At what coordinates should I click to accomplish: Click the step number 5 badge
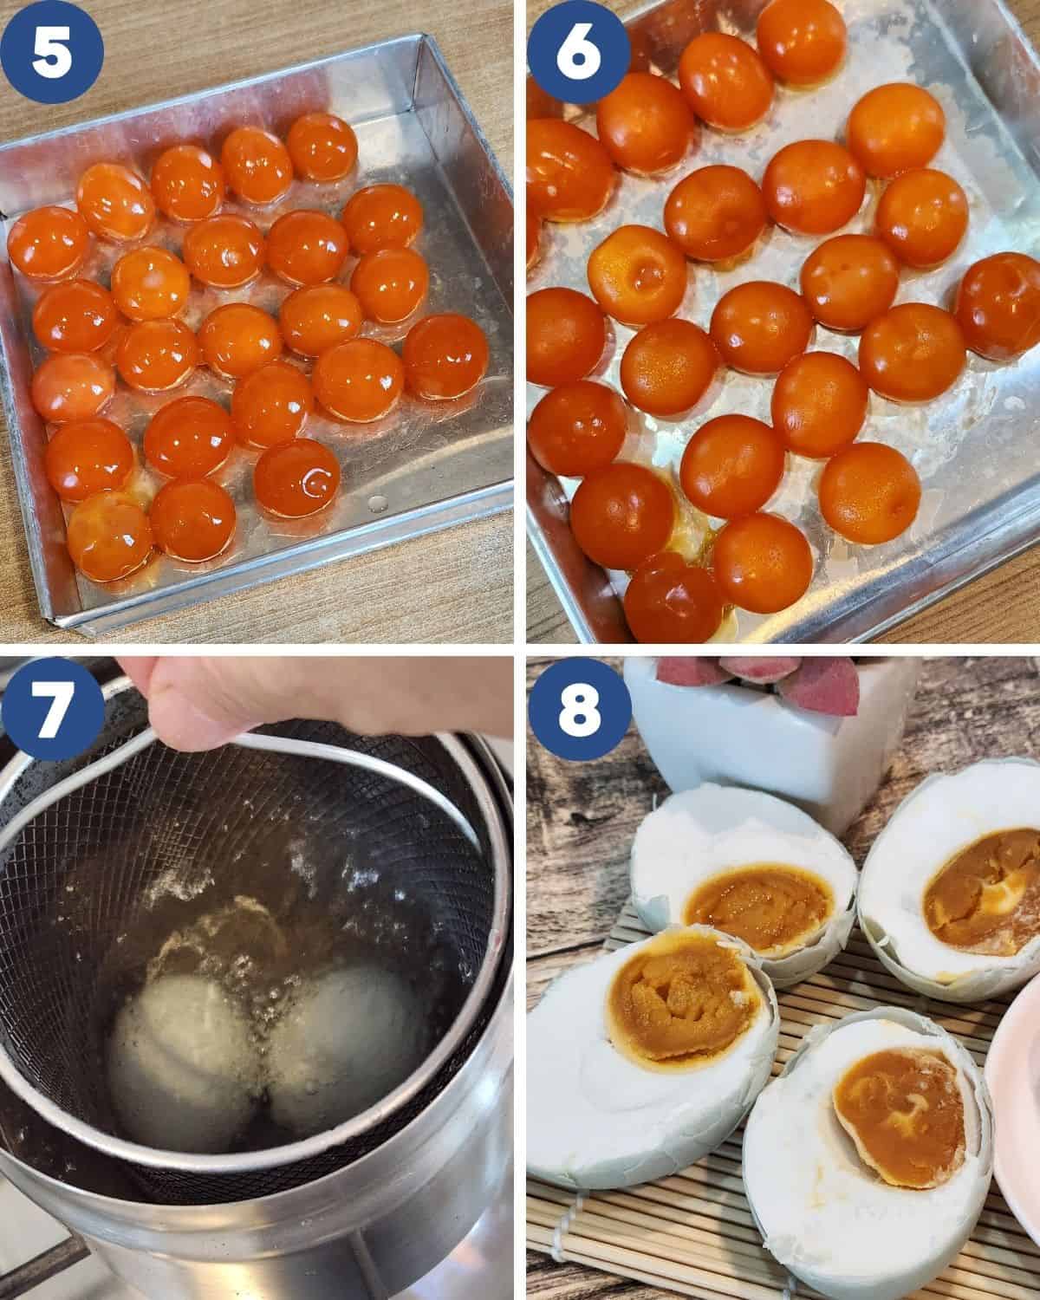52,52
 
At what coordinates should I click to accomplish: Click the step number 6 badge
579,52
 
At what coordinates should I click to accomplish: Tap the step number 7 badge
52,708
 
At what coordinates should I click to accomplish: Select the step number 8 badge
579,708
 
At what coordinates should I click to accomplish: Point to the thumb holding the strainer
181,707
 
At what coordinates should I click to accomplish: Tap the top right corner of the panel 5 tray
426,35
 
